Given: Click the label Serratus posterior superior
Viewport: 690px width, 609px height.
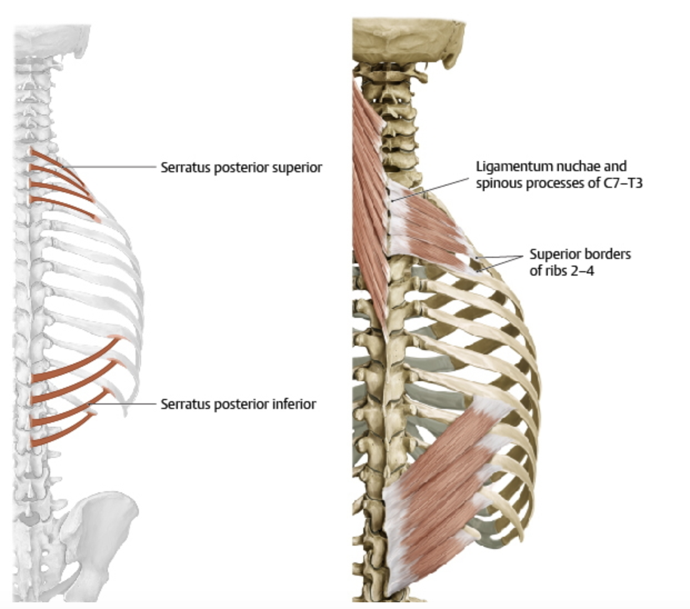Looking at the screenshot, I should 241,167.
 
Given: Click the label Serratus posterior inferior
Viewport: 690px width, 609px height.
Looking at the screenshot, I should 238,404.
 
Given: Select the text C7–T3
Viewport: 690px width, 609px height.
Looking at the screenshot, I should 622,183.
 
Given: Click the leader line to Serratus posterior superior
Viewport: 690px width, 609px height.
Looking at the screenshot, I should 111,166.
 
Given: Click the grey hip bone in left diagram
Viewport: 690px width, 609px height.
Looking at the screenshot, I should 100,528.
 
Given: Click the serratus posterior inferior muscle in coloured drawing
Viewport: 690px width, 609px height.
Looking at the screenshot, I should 444,489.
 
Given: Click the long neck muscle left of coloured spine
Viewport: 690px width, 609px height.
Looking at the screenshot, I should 369,183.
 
